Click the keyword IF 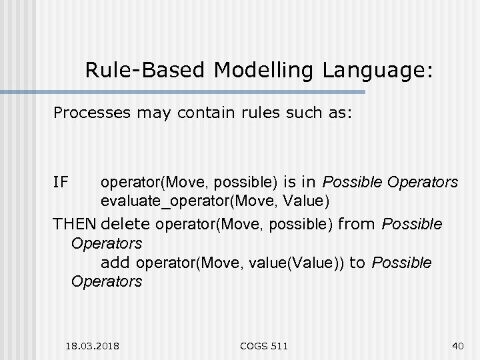click(x=61, y=181)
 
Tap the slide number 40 click(x=457, y=345)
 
